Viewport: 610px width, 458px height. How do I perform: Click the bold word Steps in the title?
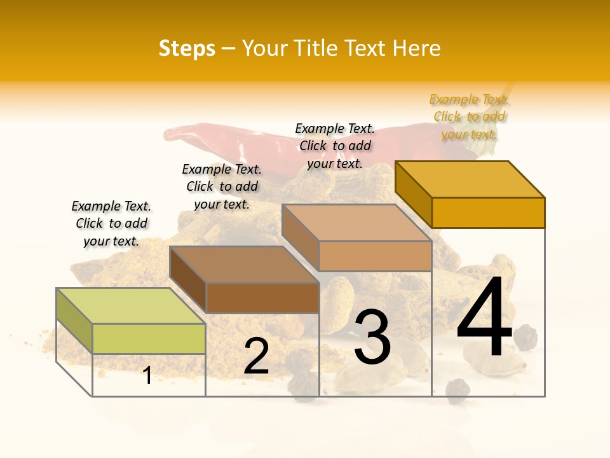pos(187,48)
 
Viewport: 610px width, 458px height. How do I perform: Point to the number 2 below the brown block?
pos(256,356)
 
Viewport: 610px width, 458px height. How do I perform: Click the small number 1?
pos(147,375)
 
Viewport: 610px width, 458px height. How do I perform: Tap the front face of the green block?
pos(149,338)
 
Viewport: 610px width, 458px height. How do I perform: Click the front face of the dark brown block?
pos(262,298)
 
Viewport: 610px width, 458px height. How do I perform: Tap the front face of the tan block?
pos(375,256)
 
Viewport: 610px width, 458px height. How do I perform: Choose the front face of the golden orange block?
pos(488,212)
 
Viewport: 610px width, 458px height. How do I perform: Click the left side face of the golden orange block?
pos(413,194)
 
